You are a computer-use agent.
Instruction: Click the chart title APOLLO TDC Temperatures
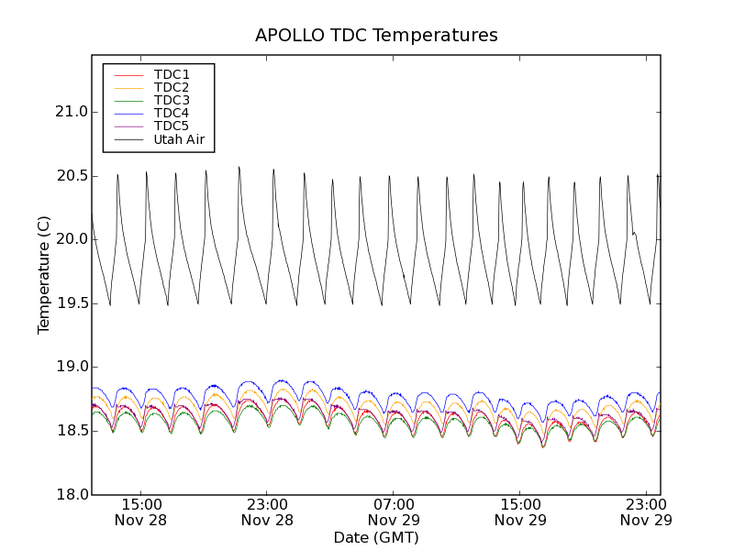click(376, 36)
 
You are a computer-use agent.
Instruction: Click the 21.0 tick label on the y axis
click(70, 112)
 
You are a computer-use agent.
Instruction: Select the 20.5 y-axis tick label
click(70, 176)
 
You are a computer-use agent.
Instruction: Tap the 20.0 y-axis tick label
click(70, 239)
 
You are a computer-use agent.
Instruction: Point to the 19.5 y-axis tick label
click(70, 303)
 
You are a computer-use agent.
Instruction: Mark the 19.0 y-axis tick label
click(70, 367)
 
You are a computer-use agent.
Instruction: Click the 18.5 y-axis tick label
click(70, 431)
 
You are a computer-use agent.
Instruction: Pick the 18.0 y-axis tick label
click(70, 494)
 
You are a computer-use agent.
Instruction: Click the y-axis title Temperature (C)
click(44, 274)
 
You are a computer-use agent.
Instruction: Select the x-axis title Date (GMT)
click(376, 537)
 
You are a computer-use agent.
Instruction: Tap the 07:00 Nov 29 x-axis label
click(395, 511)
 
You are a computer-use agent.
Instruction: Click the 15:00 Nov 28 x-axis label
click(141, 511)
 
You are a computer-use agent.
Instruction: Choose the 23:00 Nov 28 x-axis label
click(268, 511)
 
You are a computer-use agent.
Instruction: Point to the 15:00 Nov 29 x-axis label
click(520, 511)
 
